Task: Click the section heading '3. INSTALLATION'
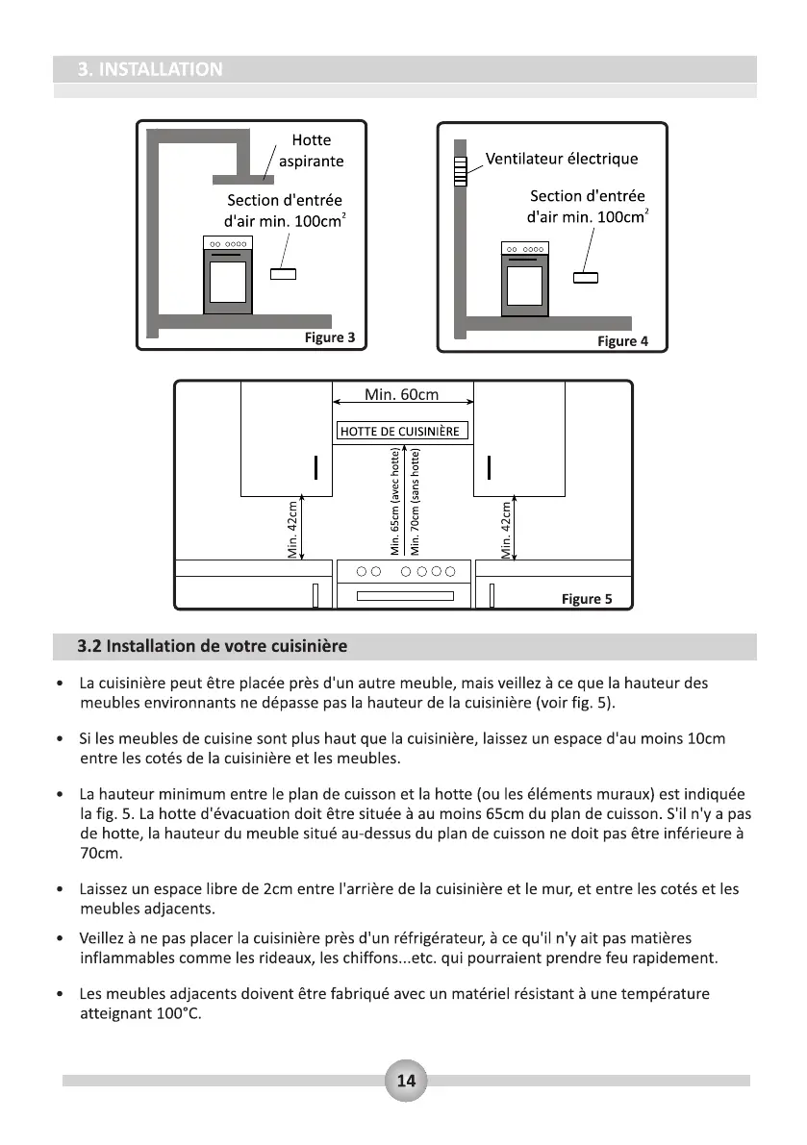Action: coord(150,69)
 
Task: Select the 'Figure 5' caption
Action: coord(587,599)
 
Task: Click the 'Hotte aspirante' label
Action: coord(311,151)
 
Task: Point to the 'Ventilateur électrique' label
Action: coord(561,159)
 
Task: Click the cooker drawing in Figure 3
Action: coord(228,275)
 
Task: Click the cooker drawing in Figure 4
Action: coord(525,279)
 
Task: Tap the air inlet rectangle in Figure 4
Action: coord(585,279)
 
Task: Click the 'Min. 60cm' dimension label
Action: coord(402,395)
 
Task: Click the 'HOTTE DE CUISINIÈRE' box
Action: coord(402,431)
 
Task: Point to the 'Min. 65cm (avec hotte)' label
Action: coord(394,502)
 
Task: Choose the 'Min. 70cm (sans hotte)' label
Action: coord(416,502)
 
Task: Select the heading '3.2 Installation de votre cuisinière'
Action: coord(213,644)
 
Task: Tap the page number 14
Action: coord(406,1081)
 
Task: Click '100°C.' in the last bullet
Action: coord(179,1015)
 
